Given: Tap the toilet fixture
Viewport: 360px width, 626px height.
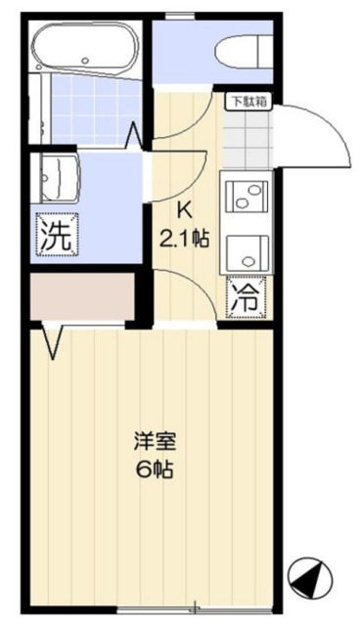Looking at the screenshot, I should [x=241, y=51].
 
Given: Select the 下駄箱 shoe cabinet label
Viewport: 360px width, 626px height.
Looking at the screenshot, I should [x=247, y=100].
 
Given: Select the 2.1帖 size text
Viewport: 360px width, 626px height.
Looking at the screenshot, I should [x=184, y=237].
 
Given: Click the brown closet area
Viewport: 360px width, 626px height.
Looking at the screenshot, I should [x=82, y=298].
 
